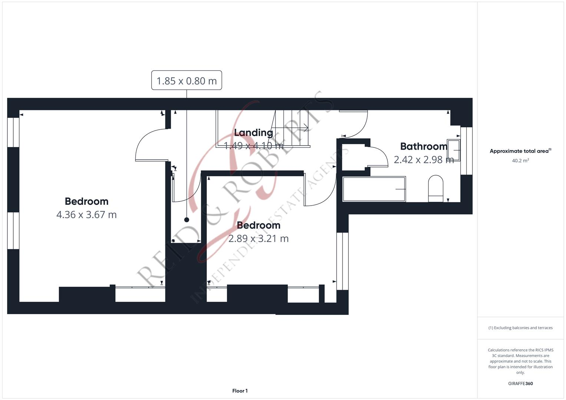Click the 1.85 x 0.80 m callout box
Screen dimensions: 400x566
coord(186,80)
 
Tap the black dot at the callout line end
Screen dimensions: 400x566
coord(186,220)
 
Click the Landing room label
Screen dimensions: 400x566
coord(254,133)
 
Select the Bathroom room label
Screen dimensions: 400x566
coord(424,146)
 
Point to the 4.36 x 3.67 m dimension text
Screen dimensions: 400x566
coord(86,215)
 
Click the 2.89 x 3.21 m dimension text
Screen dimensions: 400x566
coord(258,239)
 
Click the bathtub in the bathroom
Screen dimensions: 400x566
coord(374,189)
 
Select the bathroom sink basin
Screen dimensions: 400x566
coord(453,150)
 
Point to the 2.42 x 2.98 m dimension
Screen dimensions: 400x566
coord(424,160)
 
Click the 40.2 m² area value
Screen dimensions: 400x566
coord(520,161)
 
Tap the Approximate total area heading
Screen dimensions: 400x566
coord(520,151)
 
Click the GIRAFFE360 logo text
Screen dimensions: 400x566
coord(520,384)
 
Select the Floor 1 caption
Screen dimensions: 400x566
coord(240,391)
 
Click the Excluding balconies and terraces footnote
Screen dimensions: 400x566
coord(520,328)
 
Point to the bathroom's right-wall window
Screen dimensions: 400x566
coord(466,151)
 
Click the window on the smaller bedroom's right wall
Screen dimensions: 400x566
coord(342,261)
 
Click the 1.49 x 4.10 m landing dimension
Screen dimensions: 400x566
coord(254,146)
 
